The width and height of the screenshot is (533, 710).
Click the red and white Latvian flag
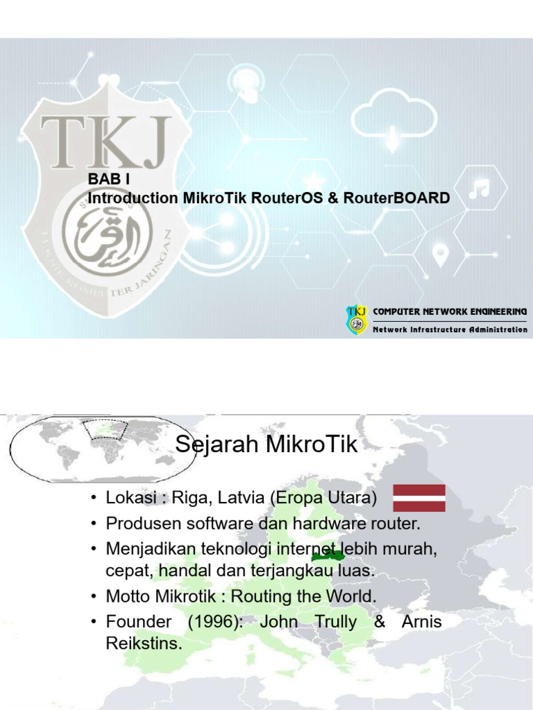point(419,498)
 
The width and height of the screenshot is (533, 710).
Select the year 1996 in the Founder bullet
point(214,622)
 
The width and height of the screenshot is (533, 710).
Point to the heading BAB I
point(109,179)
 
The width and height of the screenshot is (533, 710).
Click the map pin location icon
point(439,255)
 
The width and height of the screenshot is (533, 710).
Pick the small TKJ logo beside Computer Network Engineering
point(357,320)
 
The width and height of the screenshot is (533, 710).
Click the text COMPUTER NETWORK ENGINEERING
point(450,312)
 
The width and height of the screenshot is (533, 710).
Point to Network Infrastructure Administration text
point(450,329)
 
